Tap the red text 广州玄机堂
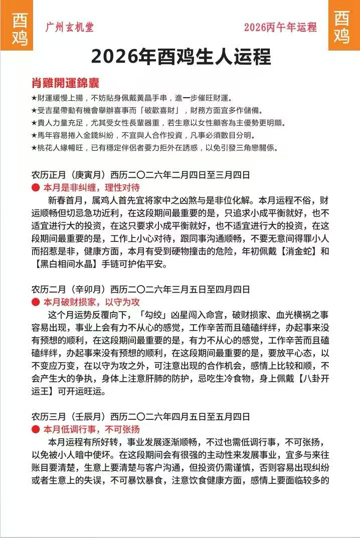[x=69, y=27]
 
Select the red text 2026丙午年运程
[x=280, y=28]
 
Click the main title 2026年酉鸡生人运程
[x=181, y=57]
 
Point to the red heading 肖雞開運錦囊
[x=65, y=83]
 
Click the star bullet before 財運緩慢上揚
[x=34, y=97]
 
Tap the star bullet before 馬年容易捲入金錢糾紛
[x=34, y=136]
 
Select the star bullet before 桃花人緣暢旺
[x=34, y=148]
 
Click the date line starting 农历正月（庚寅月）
[x=140, y=175]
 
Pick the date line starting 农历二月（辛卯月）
[x=140, y=290]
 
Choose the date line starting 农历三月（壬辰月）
[x=140, y=417]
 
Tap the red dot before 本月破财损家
[x=35, y=302]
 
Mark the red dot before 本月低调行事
[x=35, y=429]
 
